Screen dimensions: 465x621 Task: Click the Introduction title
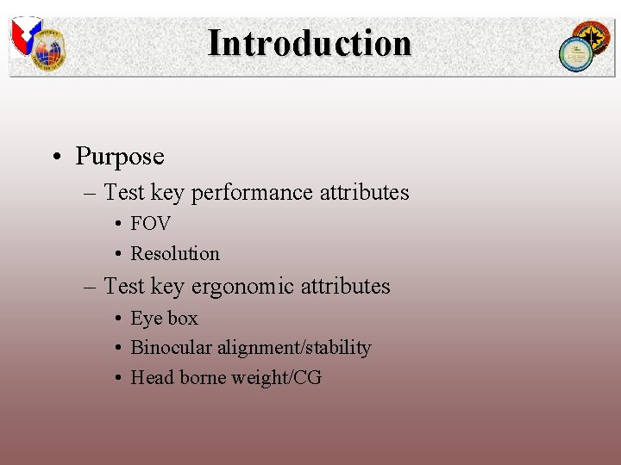[310, 43]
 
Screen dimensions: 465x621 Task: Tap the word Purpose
[119, 156]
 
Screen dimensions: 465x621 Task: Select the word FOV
[150, 224]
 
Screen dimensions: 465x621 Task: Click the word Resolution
[175, 254]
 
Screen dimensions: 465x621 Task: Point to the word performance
[252, 192]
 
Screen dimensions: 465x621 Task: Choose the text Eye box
[164, 319]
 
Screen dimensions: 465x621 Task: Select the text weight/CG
[279, 378]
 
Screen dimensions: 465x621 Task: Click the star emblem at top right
[594, 37]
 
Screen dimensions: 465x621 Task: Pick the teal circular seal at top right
[574, 54]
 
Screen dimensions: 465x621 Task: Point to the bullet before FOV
[116, 225]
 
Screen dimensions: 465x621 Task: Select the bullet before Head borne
[116, 379]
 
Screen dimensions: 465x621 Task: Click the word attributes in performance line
[364, 192]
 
